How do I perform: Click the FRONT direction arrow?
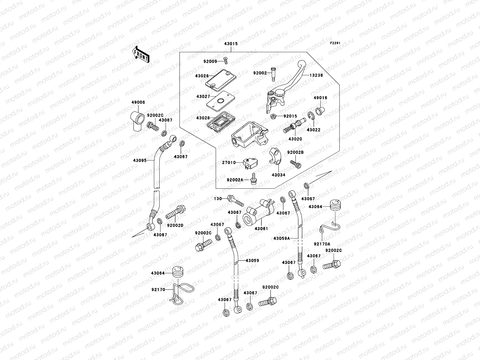pyautogui.click(x=141, y=54)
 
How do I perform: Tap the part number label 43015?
pyautogui.click(x=231, y=44)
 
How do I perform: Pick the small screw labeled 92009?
pyautogui.click(x=225, y=61)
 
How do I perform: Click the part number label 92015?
pyautogui.click(x=282, y=116)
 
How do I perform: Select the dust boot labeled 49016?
pyautogui.click(x=321, y=111)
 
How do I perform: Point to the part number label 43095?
pyautogui.click(x=139, y=160)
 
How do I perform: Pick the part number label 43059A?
pyautogui.click(x=281, y=239)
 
